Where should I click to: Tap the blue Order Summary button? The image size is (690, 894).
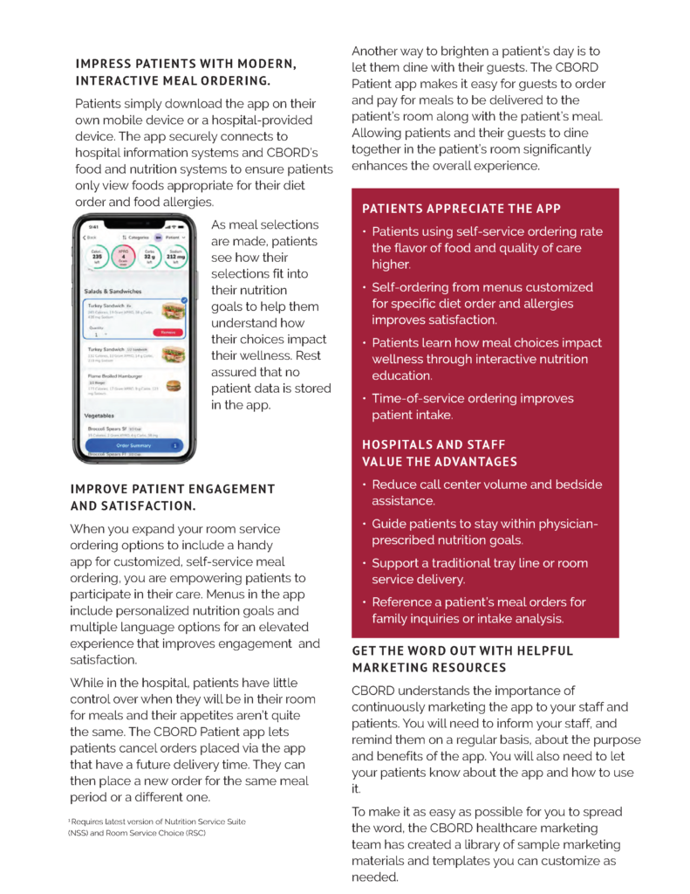pyautogui.click(x=133, y=445)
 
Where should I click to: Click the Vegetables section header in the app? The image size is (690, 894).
pyautogui.click(x=99, y=416)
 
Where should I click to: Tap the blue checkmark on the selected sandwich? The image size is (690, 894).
pyautogui.click(x=183, y=300)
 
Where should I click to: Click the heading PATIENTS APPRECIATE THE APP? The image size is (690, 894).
pyautogui.click(x=461, y=209)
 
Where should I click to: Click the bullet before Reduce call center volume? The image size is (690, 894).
pyautogui.click(x=364, y=485)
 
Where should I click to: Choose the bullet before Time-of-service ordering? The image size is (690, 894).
pyautogui.click(x=364, y=399)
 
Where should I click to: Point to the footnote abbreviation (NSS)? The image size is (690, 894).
pyautogui.click(x=78, y=834)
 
